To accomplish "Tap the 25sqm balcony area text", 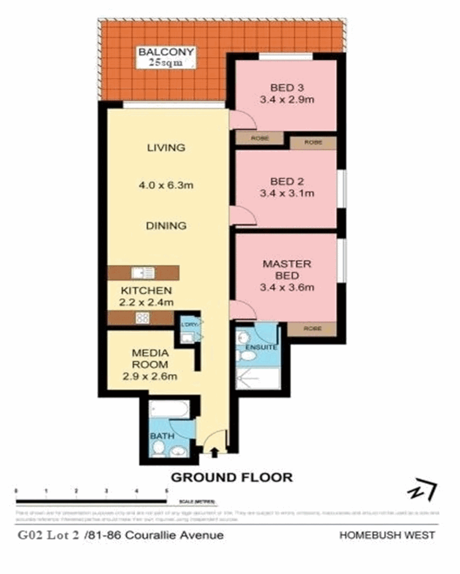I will pyautogui.click(x=166, y=63).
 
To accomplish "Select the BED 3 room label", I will pyautogui.click(x=287, y=88).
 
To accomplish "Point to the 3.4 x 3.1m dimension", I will pyautogui.click(x=287, y=193).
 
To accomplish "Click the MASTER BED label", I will pyautogui.click(x=287, y=270).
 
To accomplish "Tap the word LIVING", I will pyautogui.click(x=166, y=148).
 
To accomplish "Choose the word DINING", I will pyautogui.click(x=166, y=226).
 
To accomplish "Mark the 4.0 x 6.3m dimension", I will pyautogui.click(x=166, y=185).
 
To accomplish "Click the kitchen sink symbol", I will pyautogui.click(x=143, y=273).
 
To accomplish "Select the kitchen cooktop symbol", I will pyautogui.click(x=143, y=318).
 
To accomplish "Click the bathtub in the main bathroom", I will pyautogui.click(x=169, y=409).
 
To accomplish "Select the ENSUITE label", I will pyautogui.click(x=261, y=347).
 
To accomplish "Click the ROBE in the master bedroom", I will pyautogui.click(x=312, y=328).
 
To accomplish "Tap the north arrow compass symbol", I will pyautogui.click(x=422, y=491).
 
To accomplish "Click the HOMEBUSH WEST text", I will pyautogui.click(x=387, y=535).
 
